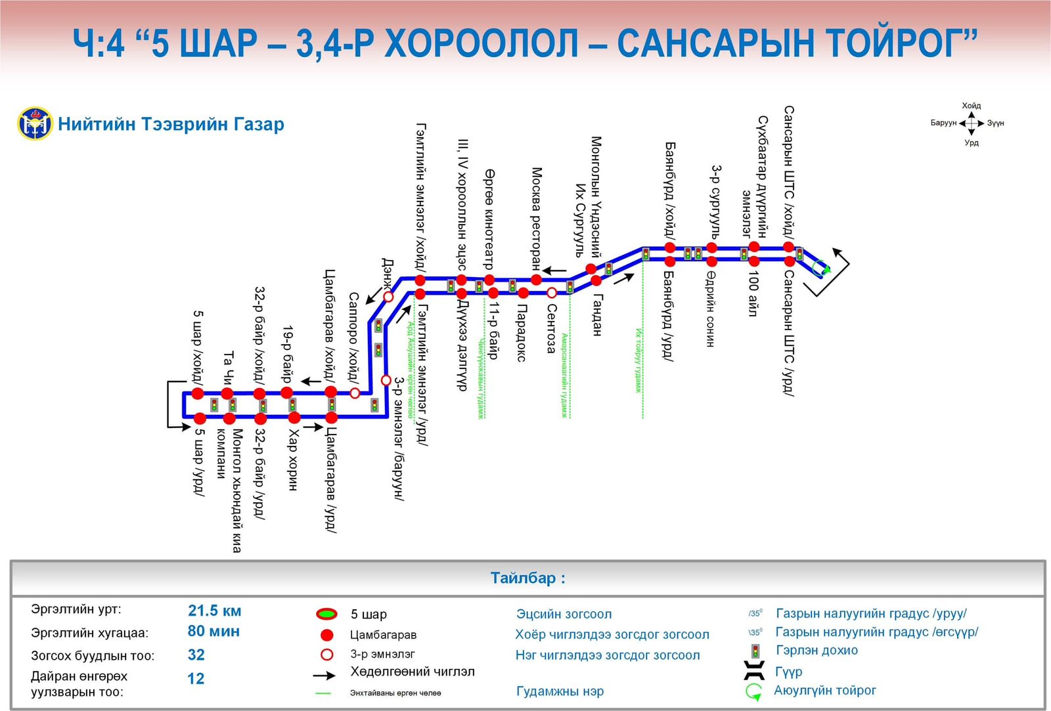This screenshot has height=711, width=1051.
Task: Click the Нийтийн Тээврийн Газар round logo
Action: pyautogui.click(x=35, y=123)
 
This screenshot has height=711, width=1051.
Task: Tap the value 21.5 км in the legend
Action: pyautogui.click(x=214, y=611)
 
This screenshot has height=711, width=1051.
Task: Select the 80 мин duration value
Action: pyautogui.click(x=213, y=632)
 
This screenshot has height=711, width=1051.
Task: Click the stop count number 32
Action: pyautogui.click(x=196, y=655)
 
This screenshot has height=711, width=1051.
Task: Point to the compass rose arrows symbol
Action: pyautogui.click(x=971, y=123)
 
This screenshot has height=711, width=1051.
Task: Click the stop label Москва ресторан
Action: pyautogui.click(x=537, y=218)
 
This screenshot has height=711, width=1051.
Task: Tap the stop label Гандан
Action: pyautogui.click(x=597, y=314)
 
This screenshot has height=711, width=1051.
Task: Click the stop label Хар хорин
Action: pyautogui.click(x=293, y=460)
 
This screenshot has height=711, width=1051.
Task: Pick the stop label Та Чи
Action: pyautogui.click(x=228, y=368)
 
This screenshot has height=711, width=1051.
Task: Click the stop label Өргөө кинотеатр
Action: pyautogui.click(x=489, y=219)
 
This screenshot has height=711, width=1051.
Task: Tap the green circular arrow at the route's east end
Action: pyautogui.click(x=821, y=268)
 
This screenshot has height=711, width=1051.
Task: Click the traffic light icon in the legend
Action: pyautogui.click(x=756, y=651)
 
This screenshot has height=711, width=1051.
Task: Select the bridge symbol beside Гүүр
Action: pyautogui.click(x=754, y=671)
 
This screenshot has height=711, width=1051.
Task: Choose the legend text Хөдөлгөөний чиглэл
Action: pyautogui.click(x=412, y=672)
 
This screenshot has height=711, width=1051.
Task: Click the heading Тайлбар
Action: pyautogui.click(x=527, y=578)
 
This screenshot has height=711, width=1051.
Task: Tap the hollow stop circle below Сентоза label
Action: pyautogui.click(x=552, y=293)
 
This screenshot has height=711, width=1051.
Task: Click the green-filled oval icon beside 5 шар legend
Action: pyautogui.click(x=326, y=614)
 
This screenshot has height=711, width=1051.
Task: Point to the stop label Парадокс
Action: pyautogui.click(x=522, y=332)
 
